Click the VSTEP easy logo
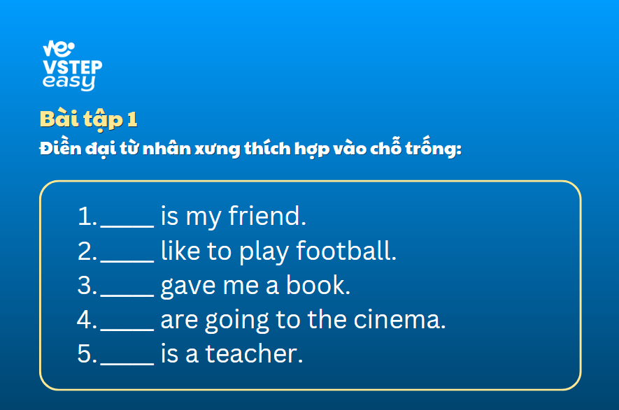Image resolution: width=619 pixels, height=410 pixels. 72,66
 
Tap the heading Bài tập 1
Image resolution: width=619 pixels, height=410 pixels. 88,119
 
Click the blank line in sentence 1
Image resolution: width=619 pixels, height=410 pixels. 127,227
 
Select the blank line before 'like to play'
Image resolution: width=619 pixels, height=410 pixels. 127,261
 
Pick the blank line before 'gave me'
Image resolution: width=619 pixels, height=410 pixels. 127,295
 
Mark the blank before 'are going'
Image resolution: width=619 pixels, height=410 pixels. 127,330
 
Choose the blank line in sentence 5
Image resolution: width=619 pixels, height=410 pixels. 127,364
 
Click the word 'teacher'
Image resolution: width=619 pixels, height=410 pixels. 252,353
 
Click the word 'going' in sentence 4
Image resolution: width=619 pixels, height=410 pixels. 237,321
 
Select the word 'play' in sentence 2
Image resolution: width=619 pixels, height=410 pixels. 264,252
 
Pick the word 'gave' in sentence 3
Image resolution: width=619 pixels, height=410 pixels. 188,286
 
